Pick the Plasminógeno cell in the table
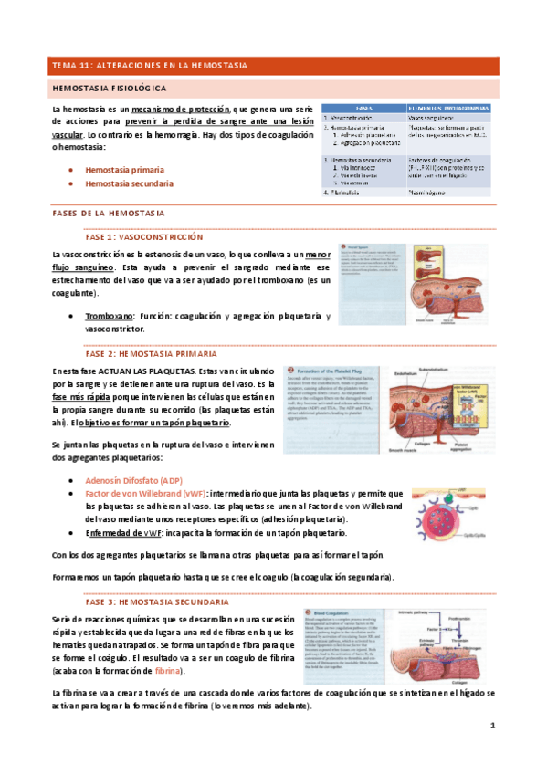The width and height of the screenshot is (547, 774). [434, 193]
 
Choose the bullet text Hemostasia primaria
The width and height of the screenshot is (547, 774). [125, 170]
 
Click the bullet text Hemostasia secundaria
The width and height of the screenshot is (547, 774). [130, 183]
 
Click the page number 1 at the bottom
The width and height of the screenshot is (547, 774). [491, 726]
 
